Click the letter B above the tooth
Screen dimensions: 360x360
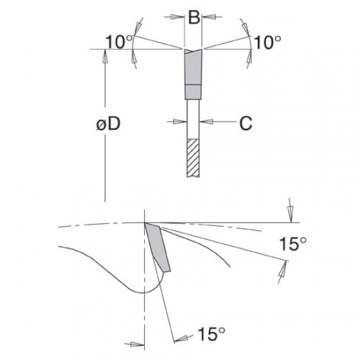(x=193, y=18)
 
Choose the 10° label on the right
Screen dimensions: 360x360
(x=268, y=42)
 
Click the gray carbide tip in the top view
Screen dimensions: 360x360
(x=193, y=69)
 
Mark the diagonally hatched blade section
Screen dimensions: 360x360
(x=193, y=157)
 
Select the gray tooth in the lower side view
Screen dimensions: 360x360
(x=158, y=245)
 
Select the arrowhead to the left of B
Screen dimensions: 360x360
(x=179, y=18)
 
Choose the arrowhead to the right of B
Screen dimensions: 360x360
(x=207, y=18)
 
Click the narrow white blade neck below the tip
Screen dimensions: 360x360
(x=193, y=118)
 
